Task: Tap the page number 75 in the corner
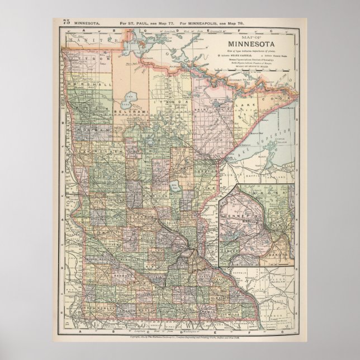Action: click(67, 22)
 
